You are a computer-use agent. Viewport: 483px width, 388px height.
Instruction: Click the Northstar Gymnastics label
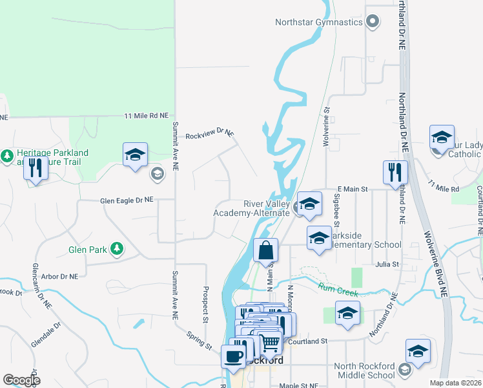click(x=319, y=22)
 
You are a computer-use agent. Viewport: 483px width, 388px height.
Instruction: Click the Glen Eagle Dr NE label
click(x=127, y=200)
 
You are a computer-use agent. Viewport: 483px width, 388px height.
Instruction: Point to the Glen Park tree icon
click(x=117, y=249)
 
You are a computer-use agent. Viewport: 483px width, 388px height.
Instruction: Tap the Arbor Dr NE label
click(x=59, y=275)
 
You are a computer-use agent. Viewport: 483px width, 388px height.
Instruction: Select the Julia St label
click(x=386, y=264)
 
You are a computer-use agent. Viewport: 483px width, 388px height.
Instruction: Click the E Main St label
click(x=352, y=189)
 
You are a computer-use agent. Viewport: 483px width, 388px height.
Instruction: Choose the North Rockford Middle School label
click(x=364, y=371)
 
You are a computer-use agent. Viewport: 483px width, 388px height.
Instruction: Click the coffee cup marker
click(x=232, y=356)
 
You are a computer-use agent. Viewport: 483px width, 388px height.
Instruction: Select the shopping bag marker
click(x=265, y=250)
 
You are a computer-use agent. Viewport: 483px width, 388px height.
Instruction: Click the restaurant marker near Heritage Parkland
click(x=35, y=169)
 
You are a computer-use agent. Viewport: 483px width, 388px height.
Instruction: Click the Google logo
click(x=21, y=380)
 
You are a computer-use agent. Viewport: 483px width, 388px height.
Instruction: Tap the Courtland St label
click(x=307, y=341)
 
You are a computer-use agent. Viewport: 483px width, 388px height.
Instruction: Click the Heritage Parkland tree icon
click(x=7, y=156)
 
